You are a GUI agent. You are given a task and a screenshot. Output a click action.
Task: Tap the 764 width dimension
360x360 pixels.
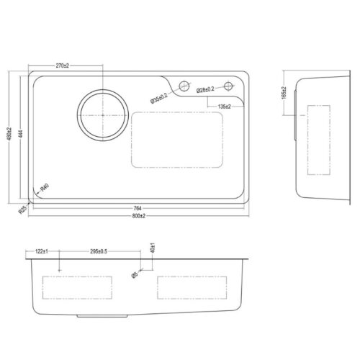pyautogui.click(x=138, y=207)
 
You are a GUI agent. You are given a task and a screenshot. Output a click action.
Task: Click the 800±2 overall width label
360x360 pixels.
pyautogui.click(x=138, y=216)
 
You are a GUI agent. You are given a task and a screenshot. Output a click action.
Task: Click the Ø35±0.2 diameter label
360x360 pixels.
pyautogui.click(x=159, y=97)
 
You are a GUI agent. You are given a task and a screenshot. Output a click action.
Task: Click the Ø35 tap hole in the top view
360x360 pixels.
pyautogui.click(x=182, y=86)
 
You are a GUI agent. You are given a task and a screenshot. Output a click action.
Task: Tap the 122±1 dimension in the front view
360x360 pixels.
pyautogui.click(x=41, y=252)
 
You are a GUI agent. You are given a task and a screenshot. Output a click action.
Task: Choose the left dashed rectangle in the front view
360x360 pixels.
pyautogui.click(x=78, y=287)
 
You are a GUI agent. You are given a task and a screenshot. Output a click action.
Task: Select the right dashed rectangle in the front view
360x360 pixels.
pyautogui.click(x=192, y=287)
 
